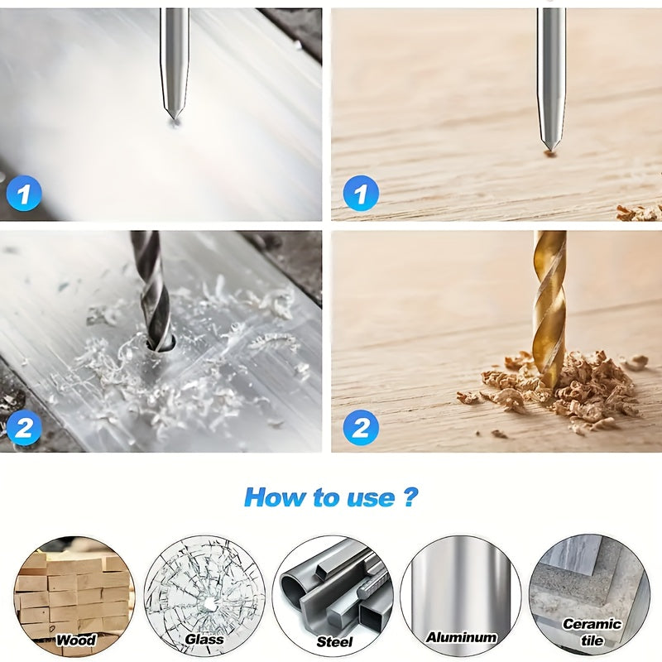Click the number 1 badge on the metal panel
24,194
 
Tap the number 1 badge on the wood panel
361,195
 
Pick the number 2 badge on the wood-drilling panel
361,428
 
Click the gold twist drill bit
549,298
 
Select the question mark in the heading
410,497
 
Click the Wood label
75,640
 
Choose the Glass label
204,640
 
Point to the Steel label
334,641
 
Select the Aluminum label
461,637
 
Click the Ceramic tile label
592,632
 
